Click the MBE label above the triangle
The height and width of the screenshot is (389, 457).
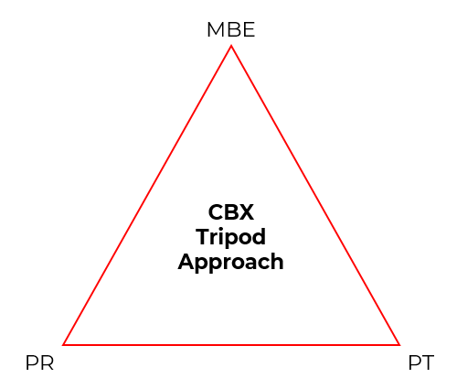[x=230, y=29]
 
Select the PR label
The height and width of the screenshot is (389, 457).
[x=39, y=362]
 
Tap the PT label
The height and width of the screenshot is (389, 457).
[x=420, y=362]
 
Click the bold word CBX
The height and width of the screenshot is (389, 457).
[x=230, y=212]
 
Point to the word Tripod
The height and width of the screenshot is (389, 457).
[x=230, y=237]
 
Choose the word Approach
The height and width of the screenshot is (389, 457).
[x=230, y=262]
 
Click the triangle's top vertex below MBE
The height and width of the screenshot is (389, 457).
[x=231, y=46]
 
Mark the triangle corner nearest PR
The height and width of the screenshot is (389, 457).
[x=63, y=345]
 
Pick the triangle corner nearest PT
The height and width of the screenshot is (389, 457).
[x=399, y=345]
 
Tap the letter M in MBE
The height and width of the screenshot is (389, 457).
[x=216, y=29]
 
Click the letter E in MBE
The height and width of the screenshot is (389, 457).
[x=249, y=29]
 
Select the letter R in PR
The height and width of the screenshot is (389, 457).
[x=48, y=362]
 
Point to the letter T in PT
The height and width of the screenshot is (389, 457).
[x=427, y=362]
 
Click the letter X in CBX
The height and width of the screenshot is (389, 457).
[x=246, y=212]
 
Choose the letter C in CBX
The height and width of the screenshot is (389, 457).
[x=216, y=212]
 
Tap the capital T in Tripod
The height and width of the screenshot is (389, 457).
[x=203, y=237]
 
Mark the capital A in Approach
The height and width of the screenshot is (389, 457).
[x=186, y=262]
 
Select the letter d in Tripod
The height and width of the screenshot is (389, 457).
[x=259, y=237]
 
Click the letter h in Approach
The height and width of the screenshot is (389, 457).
[x=277, y=261]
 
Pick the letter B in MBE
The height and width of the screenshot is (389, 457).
[x=233, y=29]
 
